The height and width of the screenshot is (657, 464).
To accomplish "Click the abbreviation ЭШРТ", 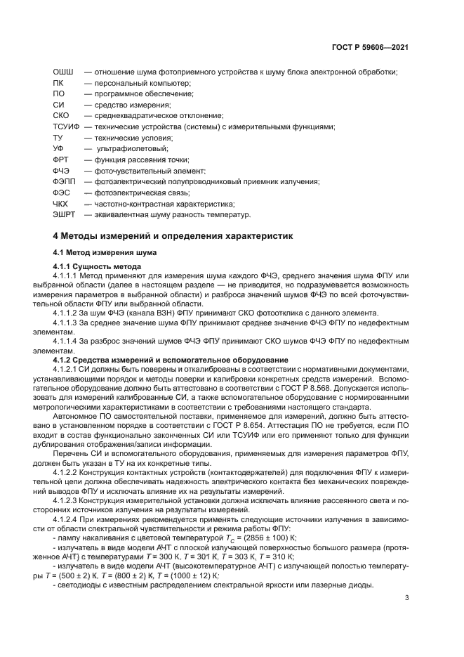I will click(65, 214).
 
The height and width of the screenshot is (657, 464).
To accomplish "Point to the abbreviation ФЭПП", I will click(65, 181).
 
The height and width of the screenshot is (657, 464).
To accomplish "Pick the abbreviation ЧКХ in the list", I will click(62, 203).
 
